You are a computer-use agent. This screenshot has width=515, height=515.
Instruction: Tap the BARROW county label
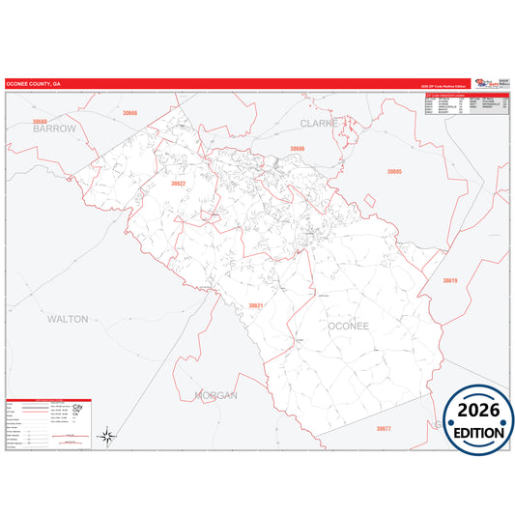(x=54, y=128)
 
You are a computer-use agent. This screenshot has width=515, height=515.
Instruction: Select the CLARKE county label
(x=318, y=124)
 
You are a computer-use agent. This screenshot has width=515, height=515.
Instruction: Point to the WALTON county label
(x=68, y=318)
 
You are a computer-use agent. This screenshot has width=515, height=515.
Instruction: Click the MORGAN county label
(x=215, y=394)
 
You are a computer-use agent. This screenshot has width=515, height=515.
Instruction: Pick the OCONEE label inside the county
(x=348, y=326)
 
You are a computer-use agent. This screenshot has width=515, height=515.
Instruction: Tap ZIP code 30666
(x=129, y=113)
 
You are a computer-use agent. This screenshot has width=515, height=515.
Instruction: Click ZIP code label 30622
(x=178, y=183)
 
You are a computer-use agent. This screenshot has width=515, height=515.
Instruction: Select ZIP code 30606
(x=298, y=148)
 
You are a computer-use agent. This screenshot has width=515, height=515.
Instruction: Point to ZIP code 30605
(x=394, y=171)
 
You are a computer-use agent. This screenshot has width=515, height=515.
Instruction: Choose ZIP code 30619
(x=449, y=280)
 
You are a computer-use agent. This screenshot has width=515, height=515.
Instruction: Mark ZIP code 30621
(x=255, y=305)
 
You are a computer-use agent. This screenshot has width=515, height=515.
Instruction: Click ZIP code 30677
(x=384, y=428)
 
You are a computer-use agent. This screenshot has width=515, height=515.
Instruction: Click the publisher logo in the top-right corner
(x=492, y=83)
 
